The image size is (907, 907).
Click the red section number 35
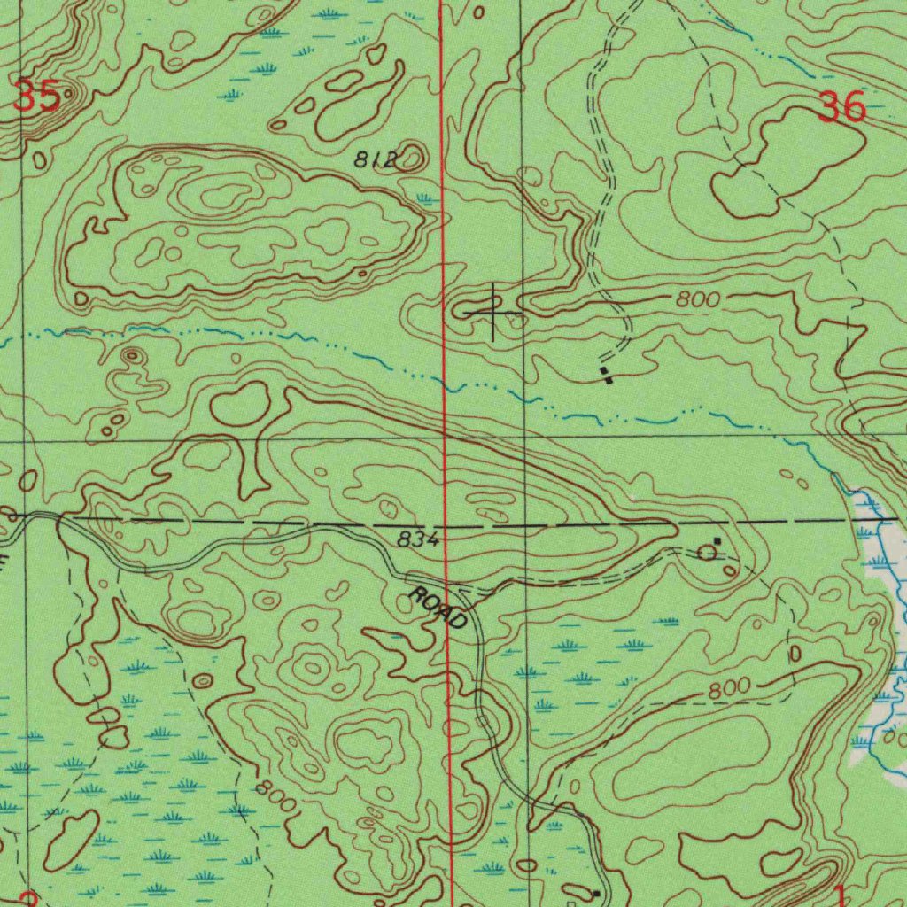(36, 96)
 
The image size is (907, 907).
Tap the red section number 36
(841, 107)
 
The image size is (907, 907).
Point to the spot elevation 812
(373, 159)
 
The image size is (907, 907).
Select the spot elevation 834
(417, 539)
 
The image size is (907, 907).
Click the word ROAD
(438, 608)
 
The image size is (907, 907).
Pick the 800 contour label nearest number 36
(697, 299)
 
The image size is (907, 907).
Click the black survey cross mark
(493, 312)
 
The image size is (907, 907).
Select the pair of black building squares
(606, 375)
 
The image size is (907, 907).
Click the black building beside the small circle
(717, 540)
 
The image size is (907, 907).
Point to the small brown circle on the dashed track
(707, 554)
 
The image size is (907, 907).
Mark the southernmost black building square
(596, 893)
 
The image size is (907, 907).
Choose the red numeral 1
(840, 895)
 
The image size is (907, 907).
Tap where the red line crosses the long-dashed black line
(446, 524)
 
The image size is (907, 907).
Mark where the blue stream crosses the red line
(445, 384)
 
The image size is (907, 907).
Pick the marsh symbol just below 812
(426, 200)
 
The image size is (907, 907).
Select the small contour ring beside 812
(412, 159)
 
